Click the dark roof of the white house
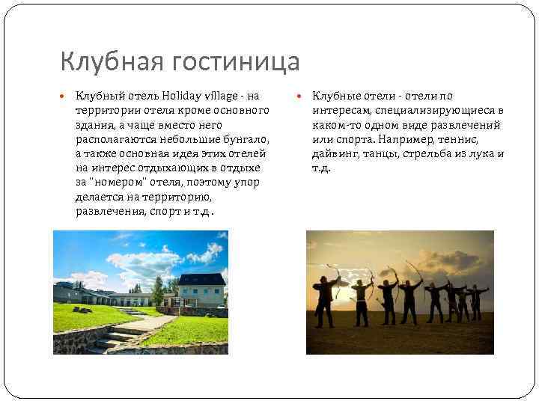coord(201,278)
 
